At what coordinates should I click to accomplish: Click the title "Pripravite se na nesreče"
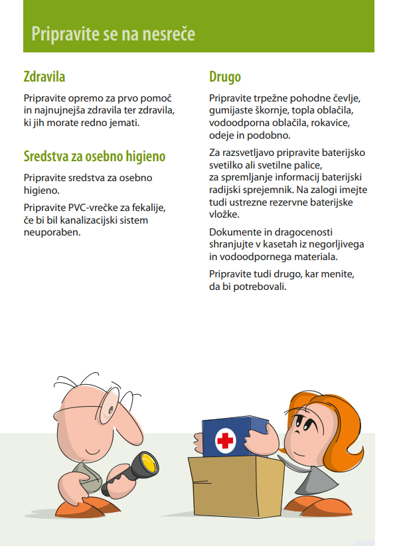click(x=114, y=33)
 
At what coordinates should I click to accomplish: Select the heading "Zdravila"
click(x=44, y=77)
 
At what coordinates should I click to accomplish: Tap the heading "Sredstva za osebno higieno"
click(x=94, y=157)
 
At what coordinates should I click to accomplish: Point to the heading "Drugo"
click(x=224, y=77)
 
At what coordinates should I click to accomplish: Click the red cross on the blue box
click(x=226, y=441)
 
